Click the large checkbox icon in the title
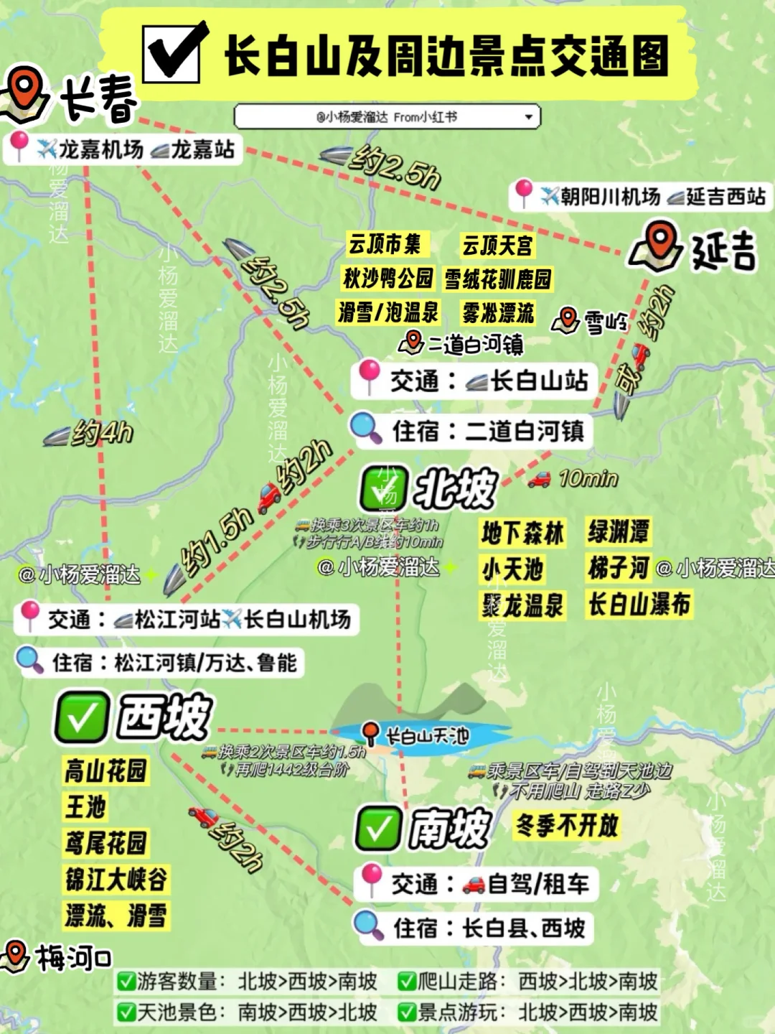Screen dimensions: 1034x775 click(x=173, y=52)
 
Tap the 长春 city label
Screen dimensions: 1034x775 click(x=98, y=99)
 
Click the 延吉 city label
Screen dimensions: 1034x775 click(x=723, y=250)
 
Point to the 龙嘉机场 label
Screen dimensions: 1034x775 click(x=100, y=149)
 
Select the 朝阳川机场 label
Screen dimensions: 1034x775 click(x=610, y=196)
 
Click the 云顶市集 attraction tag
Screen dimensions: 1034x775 click(x=385, y=244)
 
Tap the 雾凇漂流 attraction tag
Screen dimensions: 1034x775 click(x=498, y=313)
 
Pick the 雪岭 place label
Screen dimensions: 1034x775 click(x=605, y=322)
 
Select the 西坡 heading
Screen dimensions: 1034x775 click(x=164, y=717)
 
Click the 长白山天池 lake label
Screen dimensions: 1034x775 click(x=427, y=735)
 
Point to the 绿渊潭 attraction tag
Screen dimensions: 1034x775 click(x=619, y=532)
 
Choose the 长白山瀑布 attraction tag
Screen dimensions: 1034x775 click(x=639, y=605)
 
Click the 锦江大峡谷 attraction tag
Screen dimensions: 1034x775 click(x=116, y=879)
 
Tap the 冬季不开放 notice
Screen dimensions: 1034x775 click(x=567, y=826)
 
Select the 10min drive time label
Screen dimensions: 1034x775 click(x=588, y=478)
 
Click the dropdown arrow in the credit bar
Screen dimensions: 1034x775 click(x=529, y=116)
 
